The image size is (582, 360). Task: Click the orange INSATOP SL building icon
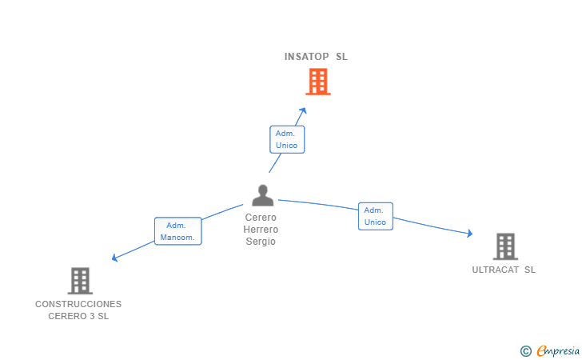pos(317,82)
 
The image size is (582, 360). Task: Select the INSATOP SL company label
pos(316,57)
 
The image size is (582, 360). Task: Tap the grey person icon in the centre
pos(262,195)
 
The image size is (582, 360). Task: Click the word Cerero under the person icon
pos(261,218)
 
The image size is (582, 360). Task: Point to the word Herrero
pos(261,230)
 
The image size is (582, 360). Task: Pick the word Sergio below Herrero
pos(261,242)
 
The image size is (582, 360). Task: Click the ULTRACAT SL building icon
pos(504,246)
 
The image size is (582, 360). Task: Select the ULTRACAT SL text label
pos(504,270)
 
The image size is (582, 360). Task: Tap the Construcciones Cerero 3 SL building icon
pos(79,281)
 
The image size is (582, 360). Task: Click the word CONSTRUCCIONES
pos(78,304)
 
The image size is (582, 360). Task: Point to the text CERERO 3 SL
pos(78,316)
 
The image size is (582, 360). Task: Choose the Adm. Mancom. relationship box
pos(177,231)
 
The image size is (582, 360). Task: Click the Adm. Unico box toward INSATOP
pos(286,139)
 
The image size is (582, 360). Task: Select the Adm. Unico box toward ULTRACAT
pos(375,216)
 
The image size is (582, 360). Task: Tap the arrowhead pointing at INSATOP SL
pos(303,111)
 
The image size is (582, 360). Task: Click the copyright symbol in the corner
pos(525,350)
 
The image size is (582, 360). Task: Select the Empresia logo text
pos(558,350)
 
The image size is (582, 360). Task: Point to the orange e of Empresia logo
pos(541,350)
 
